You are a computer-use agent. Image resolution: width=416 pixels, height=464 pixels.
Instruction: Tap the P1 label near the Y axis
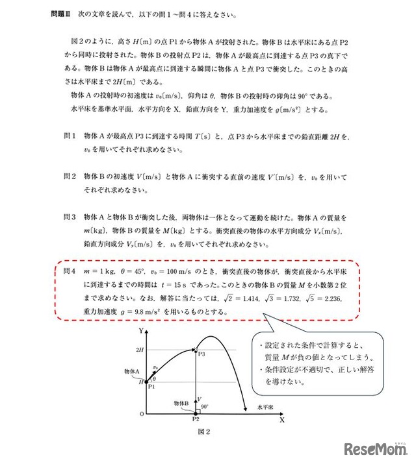(x=151, y=387)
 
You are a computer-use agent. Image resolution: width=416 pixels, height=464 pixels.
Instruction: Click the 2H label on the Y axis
(x=138, y=350)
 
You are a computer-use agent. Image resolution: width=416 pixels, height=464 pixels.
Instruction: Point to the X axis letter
(x=282, y=420)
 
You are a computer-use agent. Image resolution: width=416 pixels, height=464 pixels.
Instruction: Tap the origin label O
(x=138, y=414)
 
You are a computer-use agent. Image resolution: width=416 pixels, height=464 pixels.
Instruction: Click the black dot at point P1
(x=147, y=382)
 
